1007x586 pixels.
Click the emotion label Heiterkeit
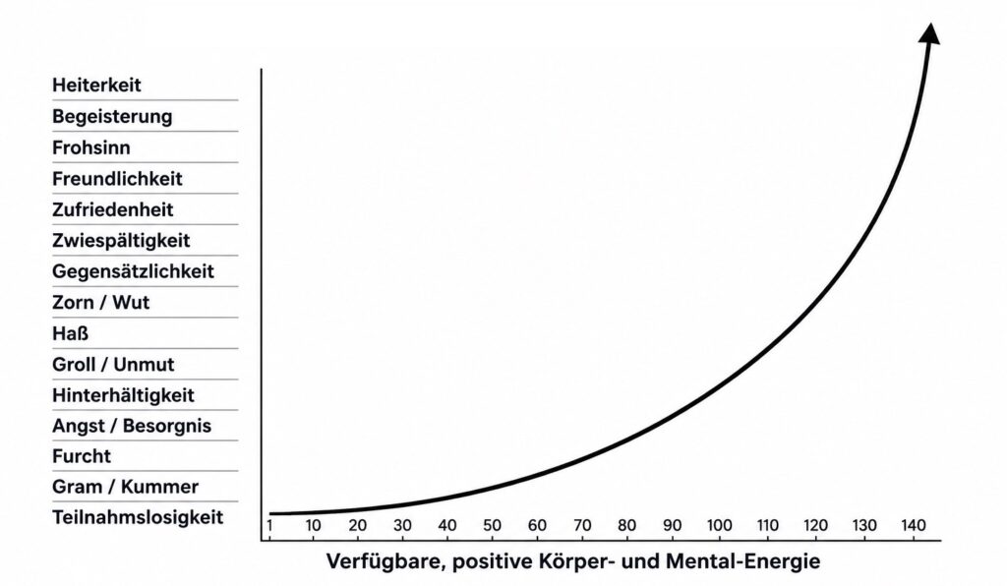pos(96,85)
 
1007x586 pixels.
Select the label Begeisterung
pos(112,117)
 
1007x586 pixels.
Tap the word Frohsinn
pos(91,147)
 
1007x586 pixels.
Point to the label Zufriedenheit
pos(113,209)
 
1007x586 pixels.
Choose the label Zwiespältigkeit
pos(121,241)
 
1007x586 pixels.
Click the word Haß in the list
pos(70,333)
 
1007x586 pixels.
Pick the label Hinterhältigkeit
pos(123,395)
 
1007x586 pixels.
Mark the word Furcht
pos(82,456)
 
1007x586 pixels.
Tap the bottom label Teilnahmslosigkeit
pos(138,517)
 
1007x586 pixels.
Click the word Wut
pos(131,302)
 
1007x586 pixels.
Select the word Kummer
pos(160,487)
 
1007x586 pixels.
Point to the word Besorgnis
pos(167,426)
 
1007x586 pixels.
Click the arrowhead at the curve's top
pos(930,34)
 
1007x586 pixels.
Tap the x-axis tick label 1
pos(269,526)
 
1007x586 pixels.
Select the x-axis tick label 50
pos(492,526)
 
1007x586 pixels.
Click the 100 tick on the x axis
pos(719,526)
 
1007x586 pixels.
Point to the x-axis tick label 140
pos(914,526)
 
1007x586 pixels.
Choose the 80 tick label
pos(626,526)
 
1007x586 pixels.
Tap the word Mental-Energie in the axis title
pos(743,561)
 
